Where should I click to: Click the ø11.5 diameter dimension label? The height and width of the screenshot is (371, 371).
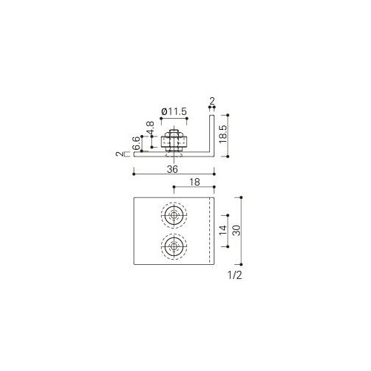tap(174, 111)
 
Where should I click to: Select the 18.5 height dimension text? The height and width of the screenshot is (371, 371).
tap(223, 134)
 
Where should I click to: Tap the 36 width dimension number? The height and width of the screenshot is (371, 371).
tap(172, 169)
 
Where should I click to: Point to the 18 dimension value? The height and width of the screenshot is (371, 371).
tap(194, 182)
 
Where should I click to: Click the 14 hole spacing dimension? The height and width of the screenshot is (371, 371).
tap(223, 230)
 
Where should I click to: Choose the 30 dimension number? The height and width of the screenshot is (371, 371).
tap(237, 230)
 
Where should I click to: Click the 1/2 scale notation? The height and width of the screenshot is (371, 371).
tap(235, 275)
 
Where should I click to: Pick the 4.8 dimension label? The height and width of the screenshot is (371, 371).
tap(151, 128)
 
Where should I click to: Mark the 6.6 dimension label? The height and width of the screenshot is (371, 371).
tap(137, 143)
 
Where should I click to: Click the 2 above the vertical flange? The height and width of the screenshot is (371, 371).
tap(212, 101)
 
